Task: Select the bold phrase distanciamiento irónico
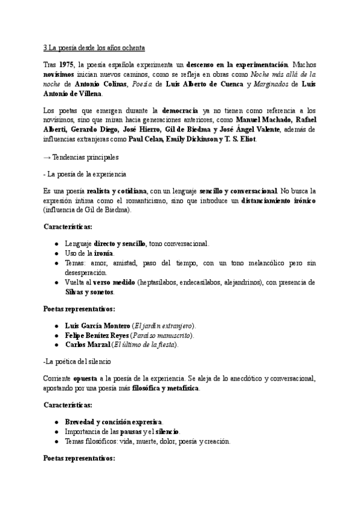point(278,199)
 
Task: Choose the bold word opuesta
point(89,379)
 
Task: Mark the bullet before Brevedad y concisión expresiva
point(56,423)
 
